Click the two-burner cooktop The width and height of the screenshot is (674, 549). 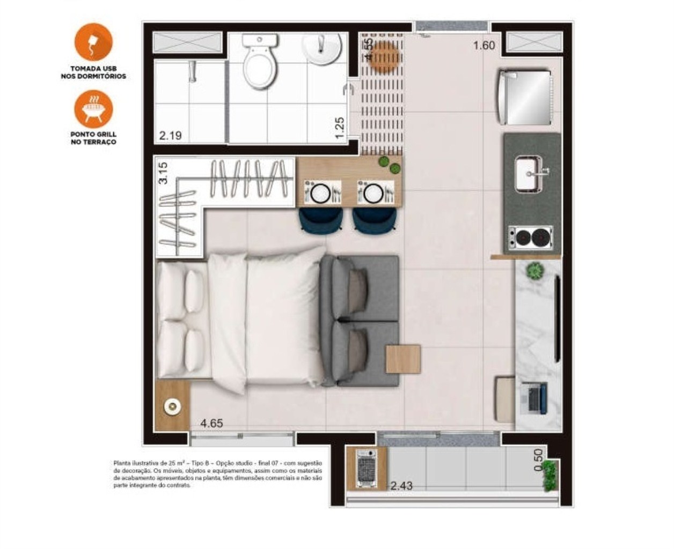[x=530, y=237]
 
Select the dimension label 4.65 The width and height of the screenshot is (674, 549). [x=211, y=423]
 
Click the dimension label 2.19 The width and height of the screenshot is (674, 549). [x=170, y=135]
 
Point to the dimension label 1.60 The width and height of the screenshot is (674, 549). [x=483, y=46]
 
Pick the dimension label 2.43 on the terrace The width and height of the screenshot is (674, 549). [x=401, y=486]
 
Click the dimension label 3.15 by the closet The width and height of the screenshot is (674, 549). [x=163, y=173]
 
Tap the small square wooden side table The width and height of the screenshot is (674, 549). [x=403, y=359]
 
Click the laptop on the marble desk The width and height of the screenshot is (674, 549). [x=533, y=397]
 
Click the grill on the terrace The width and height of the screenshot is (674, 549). [x=367, y=468]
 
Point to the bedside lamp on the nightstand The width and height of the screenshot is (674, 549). [x=172, y=407]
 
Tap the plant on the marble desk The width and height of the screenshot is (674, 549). [x=535, y=271]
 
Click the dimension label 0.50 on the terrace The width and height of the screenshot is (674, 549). [x=538, y=460]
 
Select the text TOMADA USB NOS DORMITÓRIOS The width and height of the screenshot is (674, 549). [x=93, y=72]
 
